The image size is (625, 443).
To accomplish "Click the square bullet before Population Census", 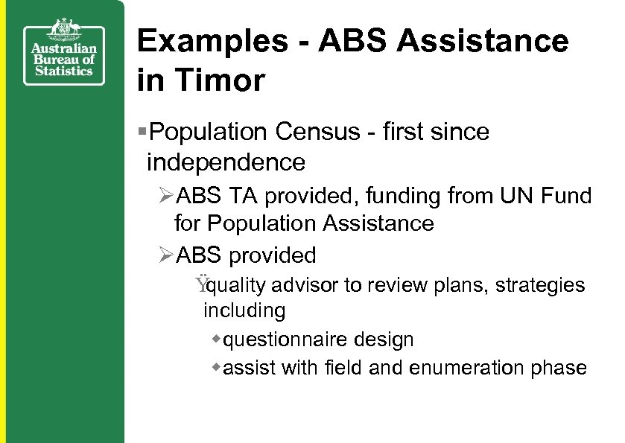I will click(143, 133).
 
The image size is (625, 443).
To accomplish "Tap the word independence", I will click(226, 162).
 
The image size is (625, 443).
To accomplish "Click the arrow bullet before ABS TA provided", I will click(166, 197).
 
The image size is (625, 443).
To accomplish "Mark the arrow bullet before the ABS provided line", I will click(166, 255).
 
